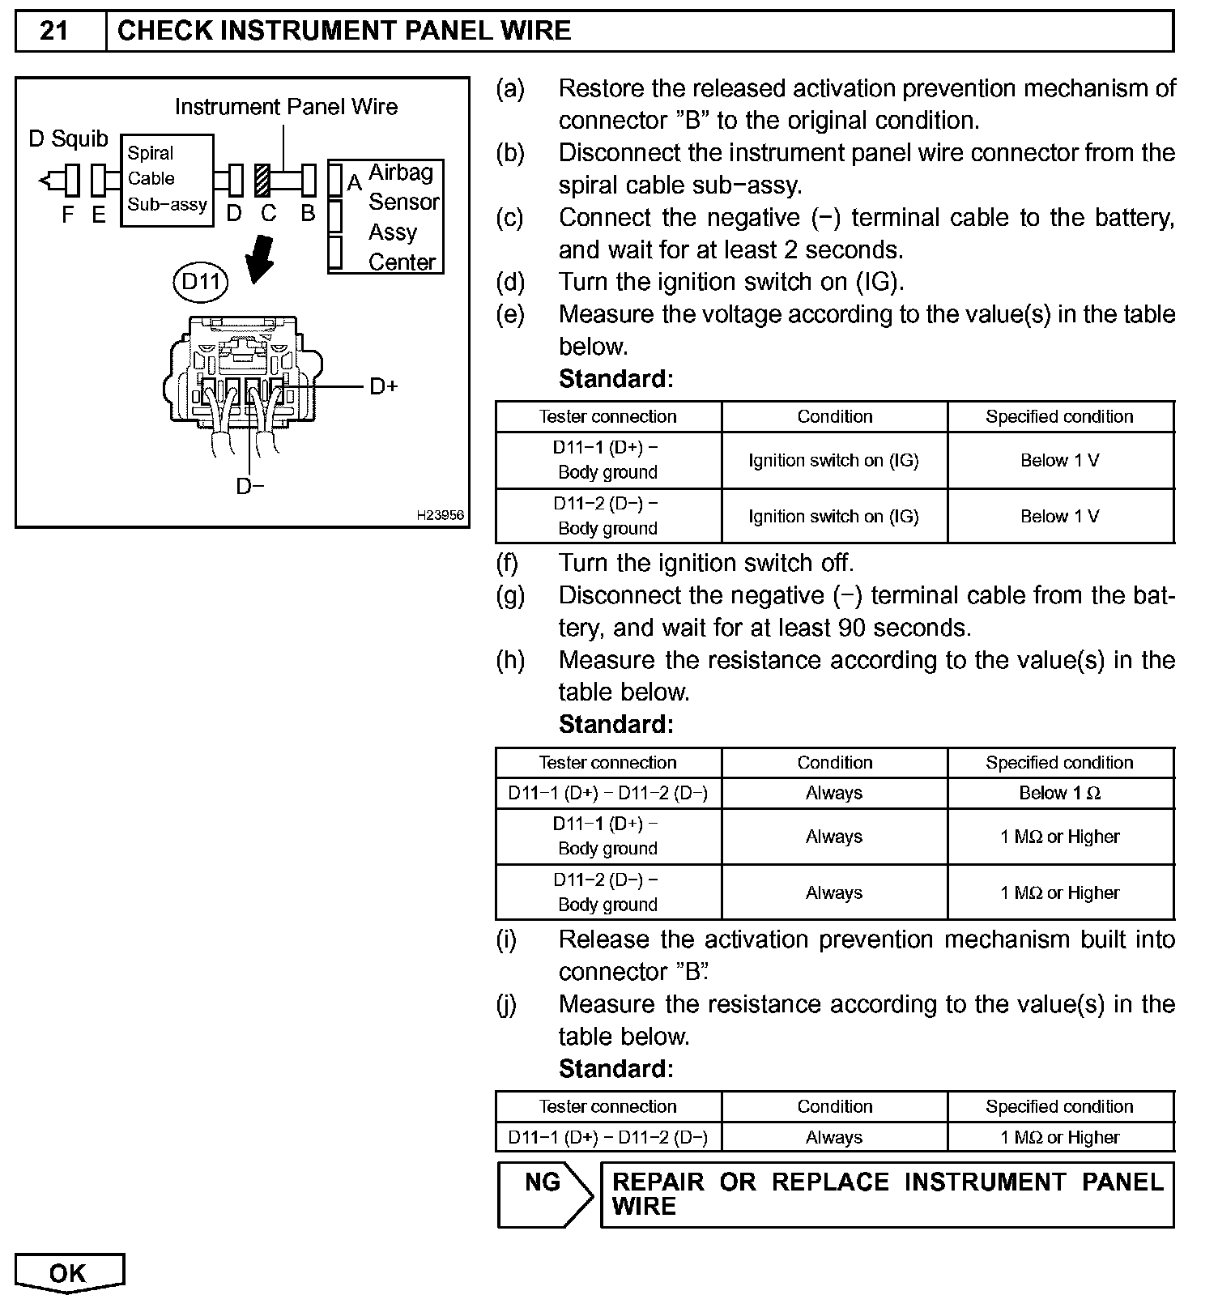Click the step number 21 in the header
tap(54, 31)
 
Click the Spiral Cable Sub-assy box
tap(167, 180)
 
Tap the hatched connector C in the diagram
tap(262, 180)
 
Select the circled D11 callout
tap(201, 282)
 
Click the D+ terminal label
tap(384, 386)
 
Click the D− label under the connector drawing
tap(250, 486)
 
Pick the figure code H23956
tap(441, 515)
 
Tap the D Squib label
tap(68, 139)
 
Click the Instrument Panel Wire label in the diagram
tap(286, 107)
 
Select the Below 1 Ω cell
tap(1059, 793)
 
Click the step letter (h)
tap(510, 660)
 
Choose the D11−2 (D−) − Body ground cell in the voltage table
tap(607, 516)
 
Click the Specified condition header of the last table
tap(1059, 1106)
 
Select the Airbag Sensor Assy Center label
tap(402, 217)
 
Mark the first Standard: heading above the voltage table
tap(615, 379)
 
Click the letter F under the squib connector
tap(68, 215)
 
